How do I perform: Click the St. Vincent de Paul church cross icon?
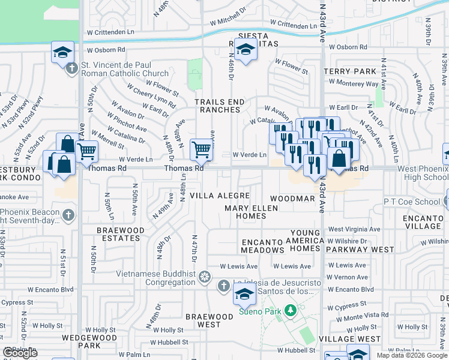tap(71, 68)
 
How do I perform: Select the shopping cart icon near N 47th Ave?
tap(201, 150)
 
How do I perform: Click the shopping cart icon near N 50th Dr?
tap(87, 151)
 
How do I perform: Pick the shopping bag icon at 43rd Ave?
tap(339, 158)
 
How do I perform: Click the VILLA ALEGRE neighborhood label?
tap(220, 196)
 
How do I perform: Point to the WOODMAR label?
tap(292, 198)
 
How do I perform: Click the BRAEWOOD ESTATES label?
tap(121, 234)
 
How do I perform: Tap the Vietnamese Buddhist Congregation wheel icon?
tap(205, 277)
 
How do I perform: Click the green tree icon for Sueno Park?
tap(291, 310)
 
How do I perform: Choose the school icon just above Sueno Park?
tap(244, 294)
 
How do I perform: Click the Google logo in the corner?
tap(20, 353)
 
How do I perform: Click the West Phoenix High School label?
tap(423, 173)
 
